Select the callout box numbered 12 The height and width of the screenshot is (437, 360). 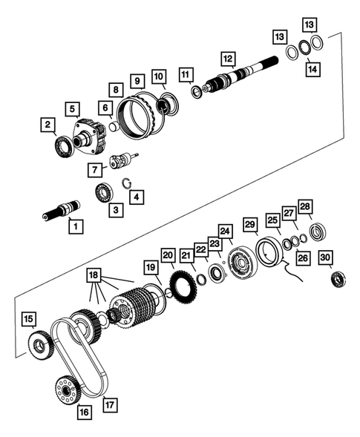click(x=227, y=58)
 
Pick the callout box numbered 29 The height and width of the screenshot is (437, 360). click(x=250, y=224)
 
